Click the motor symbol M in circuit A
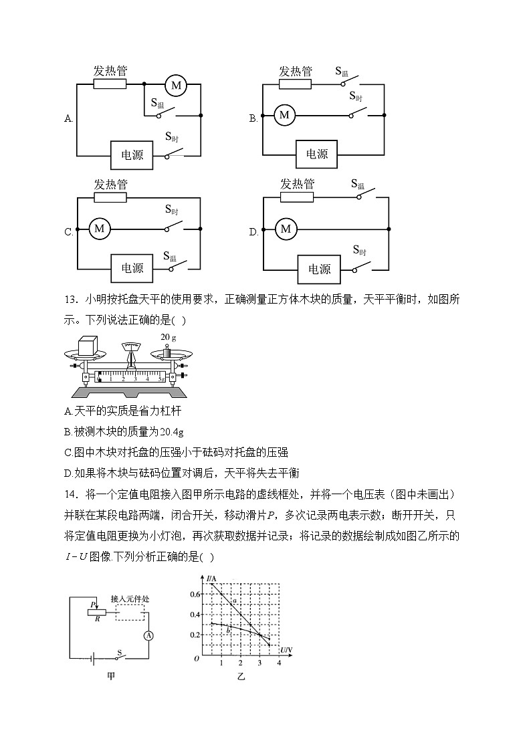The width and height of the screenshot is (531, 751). pyautogui.click(x=177, y=85)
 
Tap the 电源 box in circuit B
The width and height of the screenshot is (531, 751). pyautogui.click(x=317, y=154)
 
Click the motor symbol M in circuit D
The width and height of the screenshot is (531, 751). pyautogui.click(x=286, y=229)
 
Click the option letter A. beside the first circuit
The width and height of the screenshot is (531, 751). pyautogui.click(x=68, y=119)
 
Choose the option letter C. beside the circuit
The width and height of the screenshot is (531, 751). pyautogui.click(x=68, y=233)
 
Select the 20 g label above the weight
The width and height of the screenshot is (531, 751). pyautogui.click(x=168, y=337)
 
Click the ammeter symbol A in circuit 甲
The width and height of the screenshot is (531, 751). pyautogui.click(x=149, y=636)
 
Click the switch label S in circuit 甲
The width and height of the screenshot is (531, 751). pyautogui.click(x=120, y=650)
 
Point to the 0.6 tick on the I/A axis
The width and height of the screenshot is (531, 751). pyautogui.click(x=195, y=594)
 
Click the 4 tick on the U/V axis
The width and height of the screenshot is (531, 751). pyautogui.click(x=279, y=663)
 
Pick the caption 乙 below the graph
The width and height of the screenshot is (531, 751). pyautogui.click(x=241, y=677)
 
